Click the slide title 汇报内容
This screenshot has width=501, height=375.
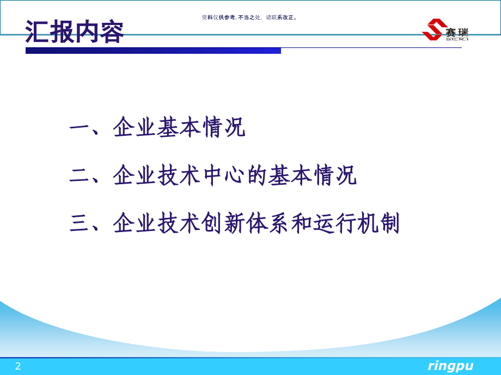click(x=75, y=32)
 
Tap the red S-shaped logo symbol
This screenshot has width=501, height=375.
click(x=434, y=29)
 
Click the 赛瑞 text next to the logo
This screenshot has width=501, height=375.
click(x=457, y=32)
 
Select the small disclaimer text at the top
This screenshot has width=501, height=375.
click(x=249, y=17)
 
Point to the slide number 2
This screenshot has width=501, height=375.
click(x=18, y=366)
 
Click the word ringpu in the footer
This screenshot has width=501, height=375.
click(x=450, y=366)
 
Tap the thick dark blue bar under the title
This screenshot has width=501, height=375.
click(x=153, y=51)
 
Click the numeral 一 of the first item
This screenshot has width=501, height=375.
click(x=79, y=128)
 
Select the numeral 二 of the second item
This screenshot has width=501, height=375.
click(x=79, y=176)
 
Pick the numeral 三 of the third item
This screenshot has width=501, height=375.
click(x=79, y=223)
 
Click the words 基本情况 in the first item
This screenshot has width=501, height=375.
click(x=201, y=127)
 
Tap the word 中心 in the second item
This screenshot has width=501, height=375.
click(x=224, y=175)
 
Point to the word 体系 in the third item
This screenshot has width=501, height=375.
click(x=267, y=223)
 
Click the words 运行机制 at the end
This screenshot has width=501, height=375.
click(x=356, y=223)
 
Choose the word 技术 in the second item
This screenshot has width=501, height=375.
click(x=179, y=175)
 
